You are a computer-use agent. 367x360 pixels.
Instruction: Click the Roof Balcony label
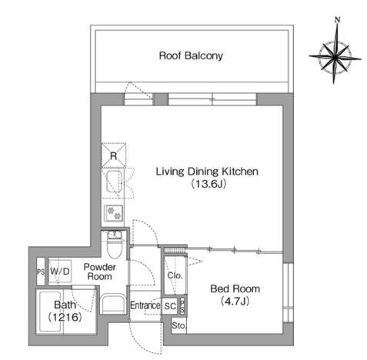[x=191, y=55]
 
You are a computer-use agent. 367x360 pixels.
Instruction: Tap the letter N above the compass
[x=338, y=20]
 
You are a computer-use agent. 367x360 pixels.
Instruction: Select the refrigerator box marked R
[x=114, y=155]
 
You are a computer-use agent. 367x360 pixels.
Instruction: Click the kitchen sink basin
[x=114, y=182]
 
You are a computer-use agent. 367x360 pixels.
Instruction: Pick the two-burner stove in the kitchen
[x=114, y=213]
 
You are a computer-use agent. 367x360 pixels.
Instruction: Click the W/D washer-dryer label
[x=59, y=272]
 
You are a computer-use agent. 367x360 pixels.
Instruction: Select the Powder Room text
[x=99, y=272]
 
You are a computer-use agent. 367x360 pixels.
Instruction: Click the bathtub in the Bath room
[x=50, y=312]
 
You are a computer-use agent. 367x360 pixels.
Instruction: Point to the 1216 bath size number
[x=65, y=318]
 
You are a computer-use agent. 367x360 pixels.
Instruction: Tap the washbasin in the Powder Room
[x=113, y=305]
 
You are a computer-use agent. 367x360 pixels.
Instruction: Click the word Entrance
[x=145, y=305]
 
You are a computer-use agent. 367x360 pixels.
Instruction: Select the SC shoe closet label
[x=170, y=306]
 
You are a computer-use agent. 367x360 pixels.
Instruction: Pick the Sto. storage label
[x=179, y=326]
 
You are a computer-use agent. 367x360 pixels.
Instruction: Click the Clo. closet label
[x=175, y=275]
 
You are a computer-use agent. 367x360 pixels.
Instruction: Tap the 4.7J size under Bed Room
[x=235, y=302]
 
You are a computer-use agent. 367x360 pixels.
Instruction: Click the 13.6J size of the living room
[x=209, y=184]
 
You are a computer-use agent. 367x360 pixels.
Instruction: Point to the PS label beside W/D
[x=41, y=272]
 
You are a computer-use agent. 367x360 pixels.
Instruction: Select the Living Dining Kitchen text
[x=207, y=172]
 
